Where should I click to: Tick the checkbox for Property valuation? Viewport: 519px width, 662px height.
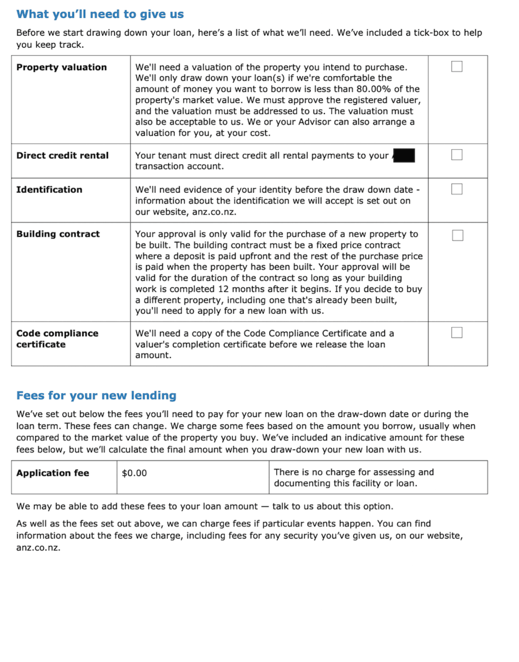457,67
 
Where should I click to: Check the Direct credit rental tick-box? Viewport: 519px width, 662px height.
457,155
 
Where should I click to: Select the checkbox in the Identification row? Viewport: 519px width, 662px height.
457,189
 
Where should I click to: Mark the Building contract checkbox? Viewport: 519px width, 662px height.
457,235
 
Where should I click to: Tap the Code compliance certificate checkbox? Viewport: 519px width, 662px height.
457,333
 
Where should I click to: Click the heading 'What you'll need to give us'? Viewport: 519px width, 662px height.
100,14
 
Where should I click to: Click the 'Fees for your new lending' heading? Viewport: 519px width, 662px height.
96,395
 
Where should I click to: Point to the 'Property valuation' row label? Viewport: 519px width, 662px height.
62,67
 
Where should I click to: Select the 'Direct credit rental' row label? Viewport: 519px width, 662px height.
62,155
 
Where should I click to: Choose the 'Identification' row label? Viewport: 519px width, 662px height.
49,190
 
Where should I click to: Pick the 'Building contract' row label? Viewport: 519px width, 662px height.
58,234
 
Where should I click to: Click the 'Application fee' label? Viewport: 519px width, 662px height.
53,473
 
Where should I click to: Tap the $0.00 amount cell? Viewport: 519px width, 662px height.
134,473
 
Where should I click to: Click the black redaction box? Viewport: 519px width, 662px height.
404,155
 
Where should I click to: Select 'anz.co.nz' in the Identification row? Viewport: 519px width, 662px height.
214,212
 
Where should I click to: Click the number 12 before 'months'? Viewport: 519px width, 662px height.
223,289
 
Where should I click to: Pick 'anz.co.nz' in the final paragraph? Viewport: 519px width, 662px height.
38,547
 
